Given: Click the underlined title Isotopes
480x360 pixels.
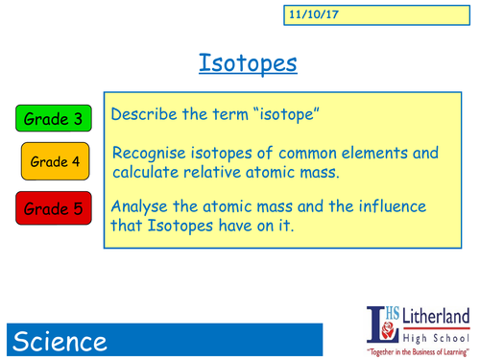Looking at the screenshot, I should point(249,63).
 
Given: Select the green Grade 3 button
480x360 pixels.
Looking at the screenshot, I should point(54,119).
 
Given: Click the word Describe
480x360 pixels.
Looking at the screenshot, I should point(145,114).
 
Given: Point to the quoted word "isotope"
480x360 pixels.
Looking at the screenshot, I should point(284,114).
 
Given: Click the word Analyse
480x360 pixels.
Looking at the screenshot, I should point(143,206).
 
